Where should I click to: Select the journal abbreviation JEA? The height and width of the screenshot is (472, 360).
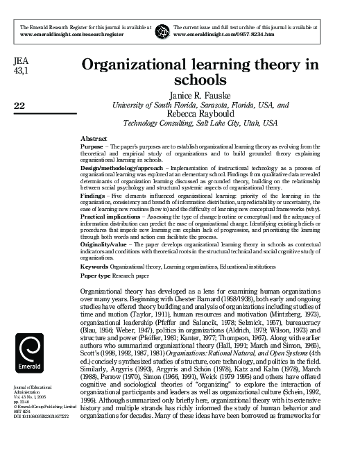click(x=20, y=62)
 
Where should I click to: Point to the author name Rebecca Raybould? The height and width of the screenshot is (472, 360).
click(x=200, y=115)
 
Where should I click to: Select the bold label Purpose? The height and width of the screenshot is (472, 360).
click(x=91, y=147)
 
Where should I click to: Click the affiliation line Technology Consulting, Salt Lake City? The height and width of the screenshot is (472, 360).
click(x=200, y=124)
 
